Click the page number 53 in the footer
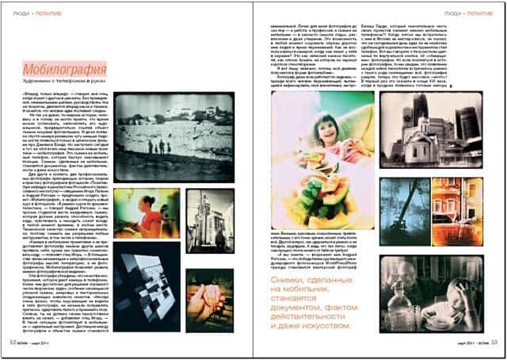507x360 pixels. coord(493,343)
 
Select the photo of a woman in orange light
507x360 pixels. coord(145,213)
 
